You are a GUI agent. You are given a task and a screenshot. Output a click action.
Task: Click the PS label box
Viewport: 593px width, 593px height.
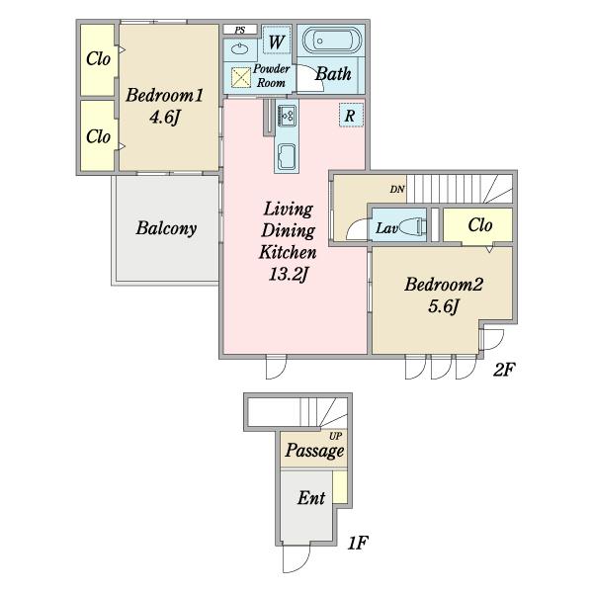click(240, 30)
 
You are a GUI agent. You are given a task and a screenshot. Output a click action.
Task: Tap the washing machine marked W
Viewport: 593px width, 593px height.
click(277, 41)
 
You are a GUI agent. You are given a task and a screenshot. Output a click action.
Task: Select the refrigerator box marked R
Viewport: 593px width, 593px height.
click(351, 115)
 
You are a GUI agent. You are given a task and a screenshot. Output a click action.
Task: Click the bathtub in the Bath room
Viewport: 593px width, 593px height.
click(332, 41)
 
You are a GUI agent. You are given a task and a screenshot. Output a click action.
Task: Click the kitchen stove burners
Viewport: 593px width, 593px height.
click(288, 115)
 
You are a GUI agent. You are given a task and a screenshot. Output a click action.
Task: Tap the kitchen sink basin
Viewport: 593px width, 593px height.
click(287, 156)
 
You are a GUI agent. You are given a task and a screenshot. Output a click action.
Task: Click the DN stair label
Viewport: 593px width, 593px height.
click(397, 189)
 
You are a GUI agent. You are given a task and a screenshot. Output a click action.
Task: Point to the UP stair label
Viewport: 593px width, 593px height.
click(335, 436)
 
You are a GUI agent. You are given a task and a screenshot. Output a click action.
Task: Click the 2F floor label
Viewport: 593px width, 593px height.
click(504, 369)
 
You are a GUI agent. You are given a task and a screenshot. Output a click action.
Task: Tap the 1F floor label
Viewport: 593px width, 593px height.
click(358, 543)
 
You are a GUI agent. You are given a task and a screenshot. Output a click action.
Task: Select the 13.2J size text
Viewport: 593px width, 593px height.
click(289, 274)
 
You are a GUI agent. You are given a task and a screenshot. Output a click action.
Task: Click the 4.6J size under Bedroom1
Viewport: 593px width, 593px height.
click(164, 118)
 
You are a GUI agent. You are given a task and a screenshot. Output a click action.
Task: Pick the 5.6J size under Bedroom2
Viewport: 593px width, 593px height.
click(444, 306)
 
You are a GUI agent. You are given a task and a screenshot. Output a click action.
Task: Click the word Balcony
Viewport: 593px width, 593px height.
click(166, 228)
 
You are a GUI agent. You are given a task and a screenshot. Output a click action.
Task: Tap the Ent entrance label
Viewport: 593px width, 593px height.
click(311, 498)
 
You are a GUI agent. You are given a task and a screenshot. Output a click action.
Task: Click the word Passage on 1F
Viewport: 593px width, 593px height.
click(314, 451)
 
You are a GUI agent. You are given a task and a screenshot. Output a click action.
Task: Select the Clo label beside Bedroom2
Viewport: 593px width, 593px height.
click(480, 225)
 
